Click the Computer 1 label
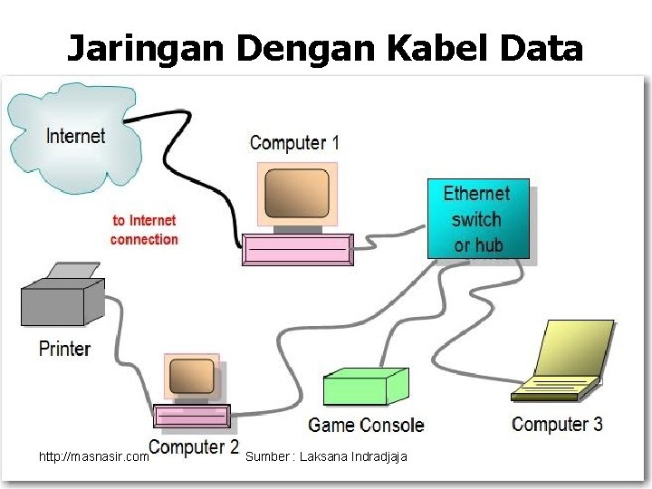pos(294,143)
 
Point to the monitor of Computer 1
pos(297,196)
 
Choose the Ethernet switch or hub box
pos(477,219)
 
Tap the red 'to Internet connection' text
pos(144,229)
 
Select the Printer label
pos(64,349)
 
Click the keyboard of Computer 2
pos(192,416)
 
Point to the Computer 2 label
pos(194,447)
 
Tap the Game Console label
pos(366,425)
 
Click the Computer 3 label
pos(557,424)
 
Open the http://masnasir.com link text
pos(94,457)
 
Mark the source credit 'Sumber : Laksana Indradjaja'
pos(326,456)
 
